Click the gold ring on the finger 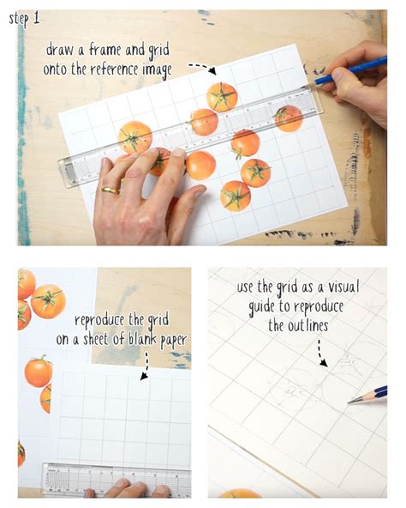pyautogui.click(x=110, y=190)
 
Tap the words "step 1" pyautogui.click(x=25, y=19)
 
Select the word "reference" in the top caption pyautogui.click(x=114, y=70)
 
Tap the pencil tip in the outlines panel pyautogui.click(x=350, y=402)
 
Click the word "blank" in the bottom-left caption pyautogui.click(x=142, y=339)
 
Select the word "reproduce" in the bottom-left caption pyautogui.click(x=99, y=320)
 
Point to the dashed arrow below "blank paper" pyautogui.click(x=146, y=366)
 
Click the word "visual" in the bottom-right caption pyautogui.click(x=343, y=287)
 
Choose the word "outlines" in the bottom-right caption pyautogui.click(x=307, y=325)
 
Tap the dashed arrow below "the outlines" pyautogui.click(x=321, y=354)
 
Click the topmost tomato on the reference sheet pyautogui.click(x=222, y=97)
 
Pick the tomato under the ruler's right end pyautogui.click(x=289, y=118)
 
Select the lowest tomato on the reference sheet pyautogui.click(x=236, y=196)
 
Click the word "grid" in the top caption pyautogui.click(x=158, y=51)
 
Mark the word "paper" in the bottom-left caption pyautogui.click(x=174, y=341)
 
